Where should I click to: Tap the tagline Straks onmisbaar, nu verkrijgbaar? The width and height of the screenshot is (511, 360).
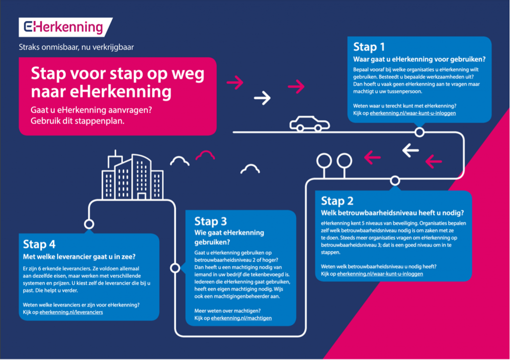(76, 47)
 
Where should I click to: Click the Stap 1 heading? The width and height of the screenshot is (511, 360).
(369, 47)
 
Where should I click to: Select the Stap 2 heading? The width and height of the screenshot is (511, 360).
(337, 201)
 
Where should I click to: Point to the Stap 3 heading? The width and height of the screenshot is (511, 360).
(211, 221)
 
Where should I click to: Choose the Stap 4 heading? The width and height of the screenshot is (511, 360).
(39, 244)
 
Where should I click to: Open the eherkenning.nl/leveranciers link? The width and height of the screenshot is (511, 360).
(71, 313)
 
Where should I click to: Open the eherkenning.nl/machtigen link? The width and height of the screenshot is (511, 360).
(241, 318)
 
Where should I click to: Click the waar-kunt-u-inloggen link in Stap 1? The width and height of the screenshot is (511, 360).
(413, 113)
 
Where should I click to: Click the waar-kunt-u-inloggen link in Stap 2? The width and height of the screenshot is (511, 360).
(380, 274)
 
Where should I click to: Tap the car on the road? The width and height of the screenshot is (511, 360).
(309, 124)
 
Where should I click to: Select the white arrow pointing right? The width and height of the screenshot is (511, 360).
(262, 98)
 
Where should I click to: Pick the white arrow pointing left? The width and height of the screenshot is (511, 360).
(410, 151)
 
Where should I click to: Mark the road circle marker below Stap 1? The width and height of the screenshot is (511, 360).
(419, 132)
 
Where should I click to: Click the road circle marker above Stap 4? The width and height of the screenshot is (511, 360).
(89, 224)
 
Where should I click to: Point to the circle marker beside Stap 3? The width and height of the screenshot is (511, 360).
(175, 268)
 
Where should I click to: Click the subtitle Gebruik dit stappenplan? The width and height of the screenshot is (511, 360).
(77, 121)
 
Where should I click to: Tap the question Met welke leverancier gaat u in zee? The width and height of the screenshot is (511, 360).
(79, 257)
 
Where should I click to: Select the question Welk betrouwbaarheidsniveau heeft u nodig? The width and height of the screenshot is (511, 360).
(392, 213)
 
